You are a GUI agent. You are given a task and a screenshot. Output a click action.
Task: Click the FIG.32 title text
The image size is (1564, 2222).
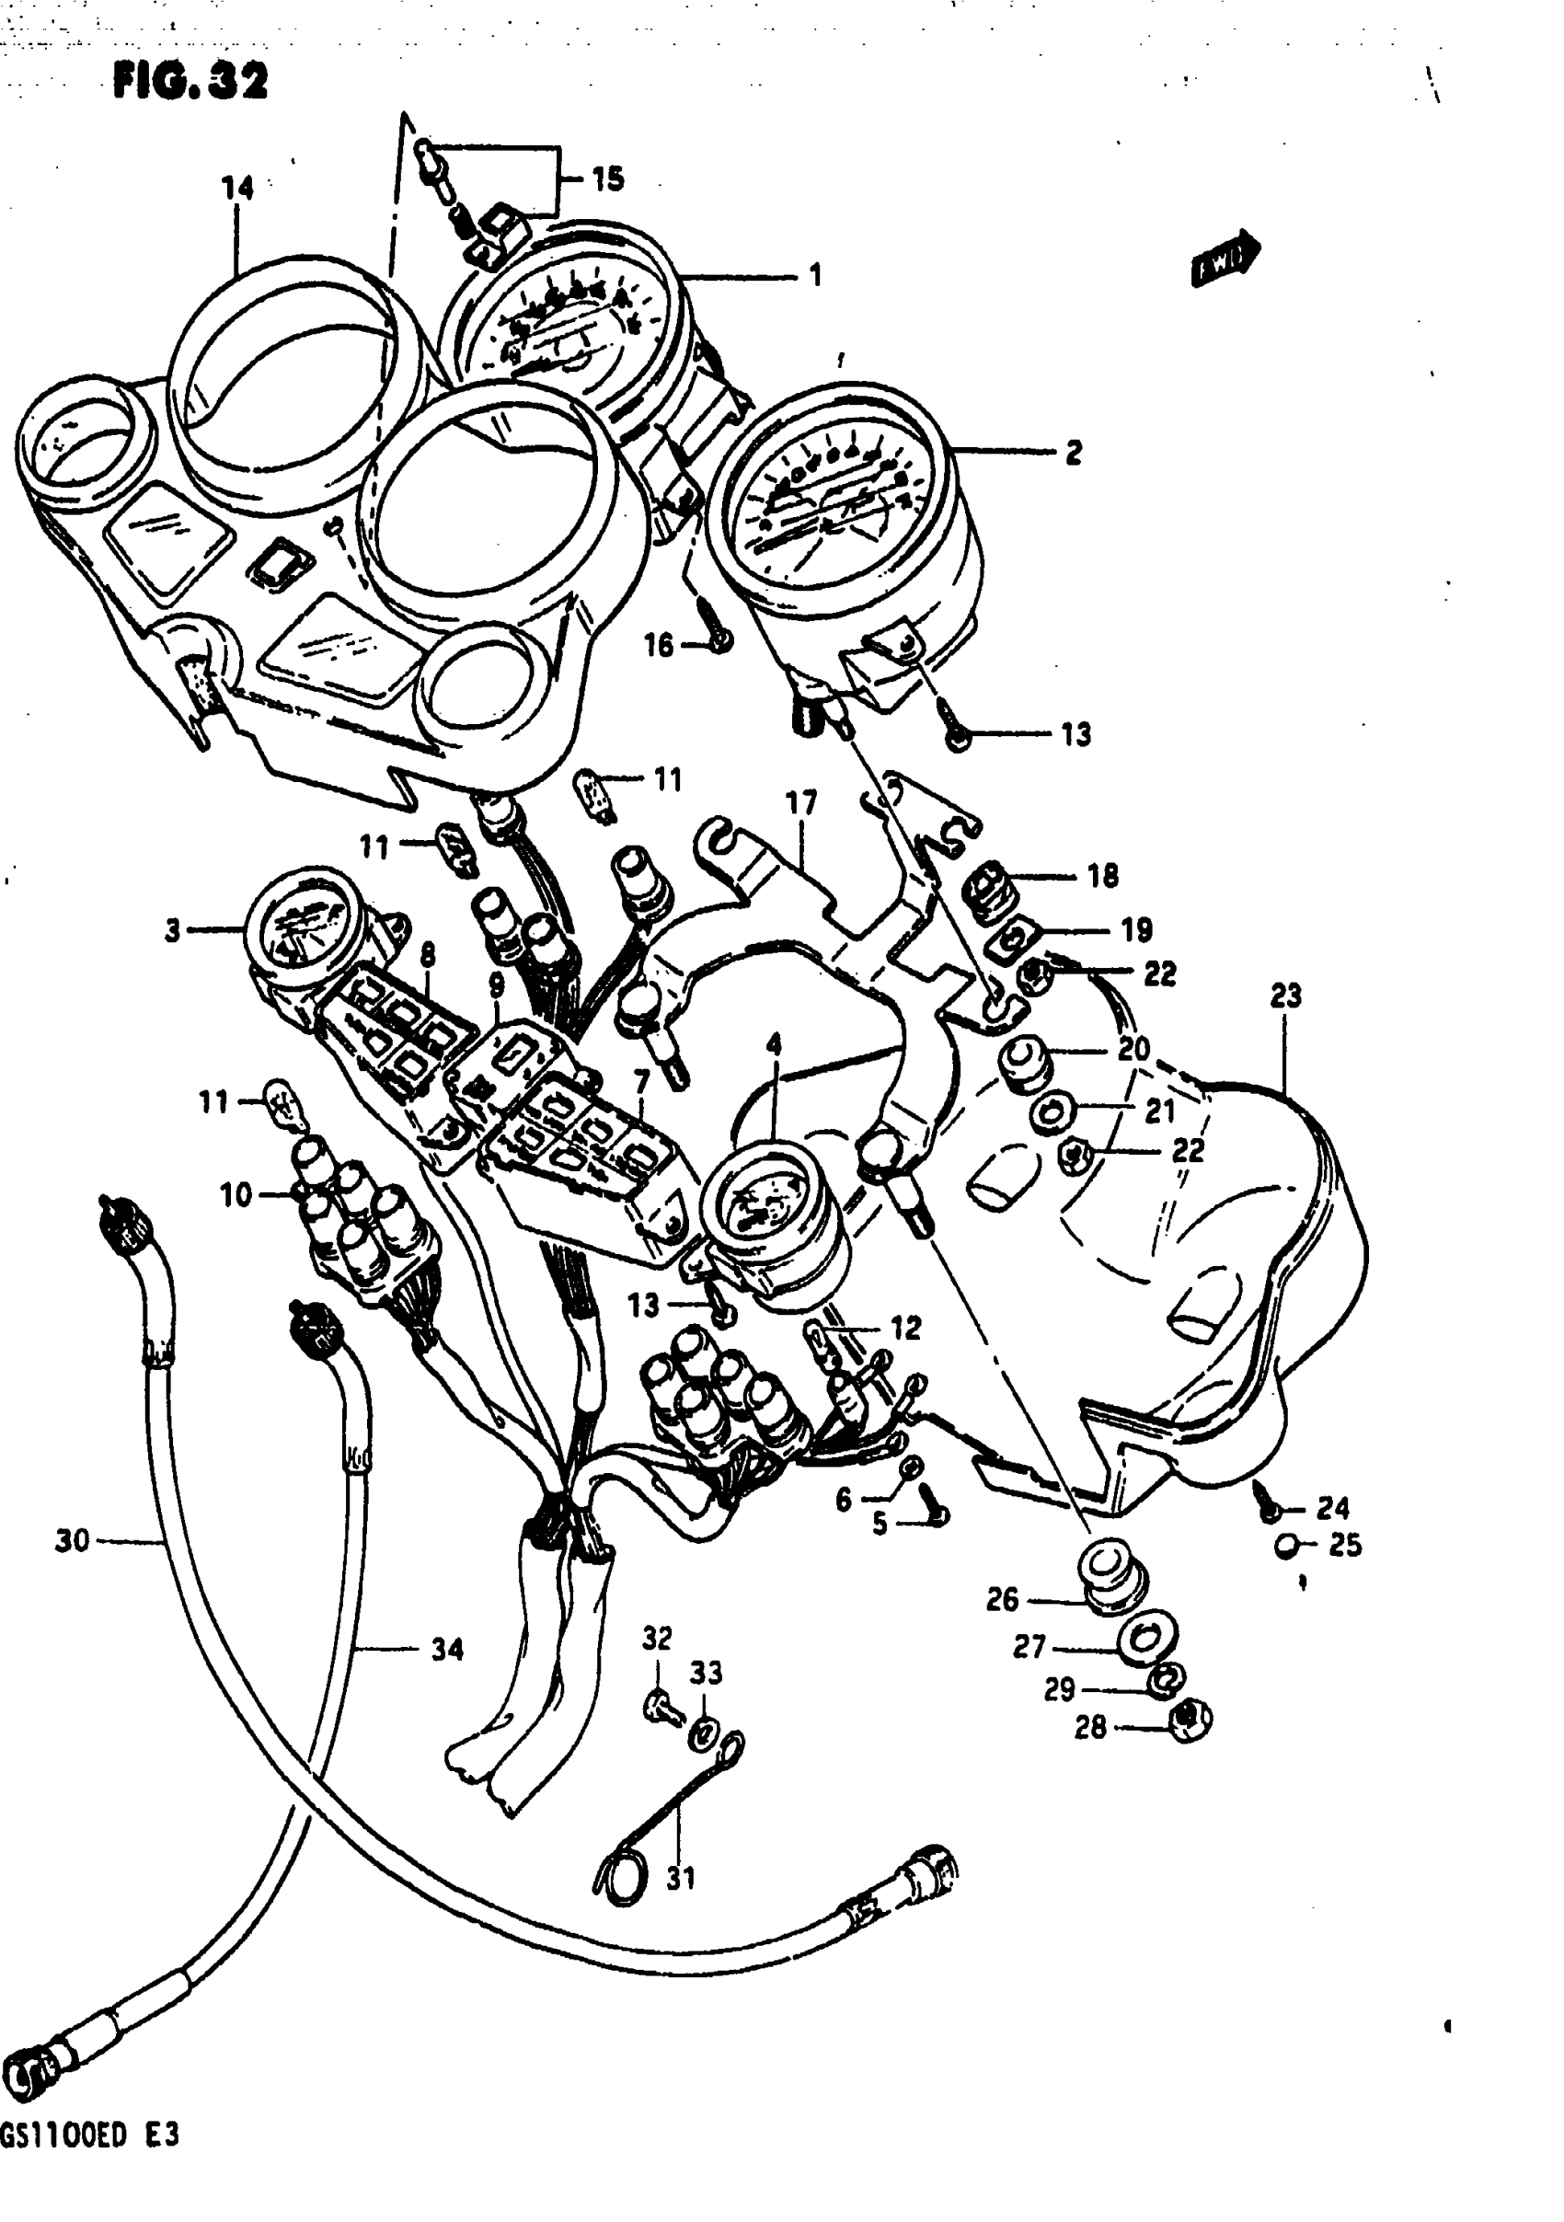[190, 81]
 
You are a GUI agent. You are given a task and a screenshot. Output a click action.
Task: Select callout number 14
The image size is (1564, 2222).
[238, 188]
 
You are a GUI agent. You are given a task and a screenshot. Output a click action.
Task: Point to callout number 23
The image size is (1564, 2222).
[1285, 996]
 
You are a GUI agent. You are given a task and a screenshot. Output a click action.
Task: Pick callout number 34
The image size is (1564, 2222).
[447, 1649]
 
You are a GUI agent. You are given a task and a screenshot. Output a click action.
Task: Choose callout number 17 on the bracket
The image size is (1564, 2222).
[801, 802]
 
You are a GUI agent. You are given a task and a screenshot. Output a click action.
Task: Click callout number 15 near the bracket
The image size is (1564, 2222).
[608, 179]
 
